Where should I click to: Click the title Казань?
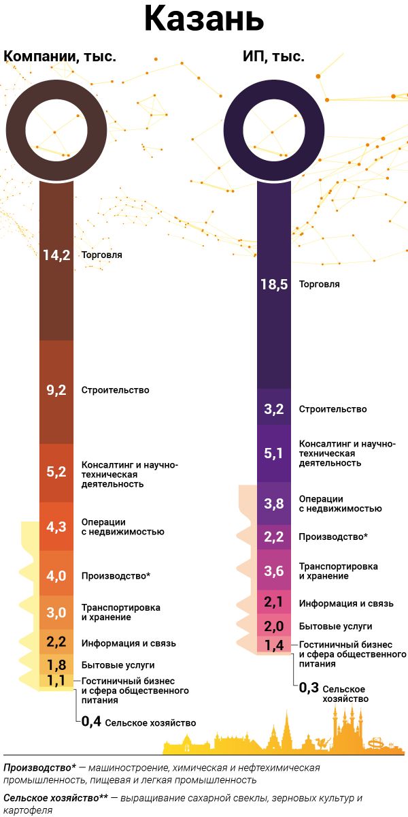203,20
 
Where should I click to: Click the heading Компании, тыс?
61,57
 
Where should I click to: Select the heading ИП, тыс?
273,57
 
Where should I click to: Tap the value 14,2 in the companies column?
56,255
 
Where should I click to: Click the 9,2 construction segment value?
56,390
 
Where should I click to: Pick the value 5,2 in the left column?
56,472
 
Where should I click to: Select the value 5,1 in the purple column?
274,453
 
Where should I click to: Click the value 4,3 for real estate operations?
56,526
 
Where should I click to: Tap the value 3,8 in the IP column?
274,504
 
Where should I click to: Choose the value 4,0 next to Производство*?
56,576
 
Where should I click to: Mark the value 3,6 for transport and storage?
274,571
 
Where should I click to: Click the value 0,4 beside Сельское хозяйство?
91,722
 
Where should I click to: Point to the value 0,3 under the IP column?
309,688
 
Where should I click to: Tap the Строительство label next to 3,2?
333,409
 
